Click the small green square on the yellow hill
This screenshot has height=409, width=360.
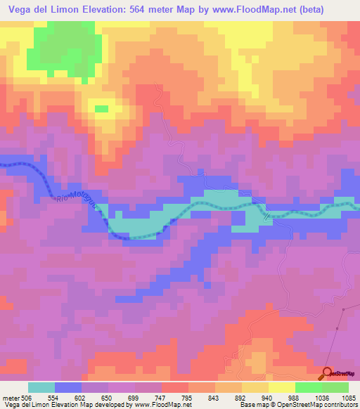102,108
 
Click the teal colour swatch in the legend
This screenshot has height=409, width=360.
41,387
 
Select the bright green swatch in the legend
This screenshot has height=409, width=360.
309,387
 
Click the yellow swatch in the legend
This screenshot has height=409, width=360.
282,387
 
